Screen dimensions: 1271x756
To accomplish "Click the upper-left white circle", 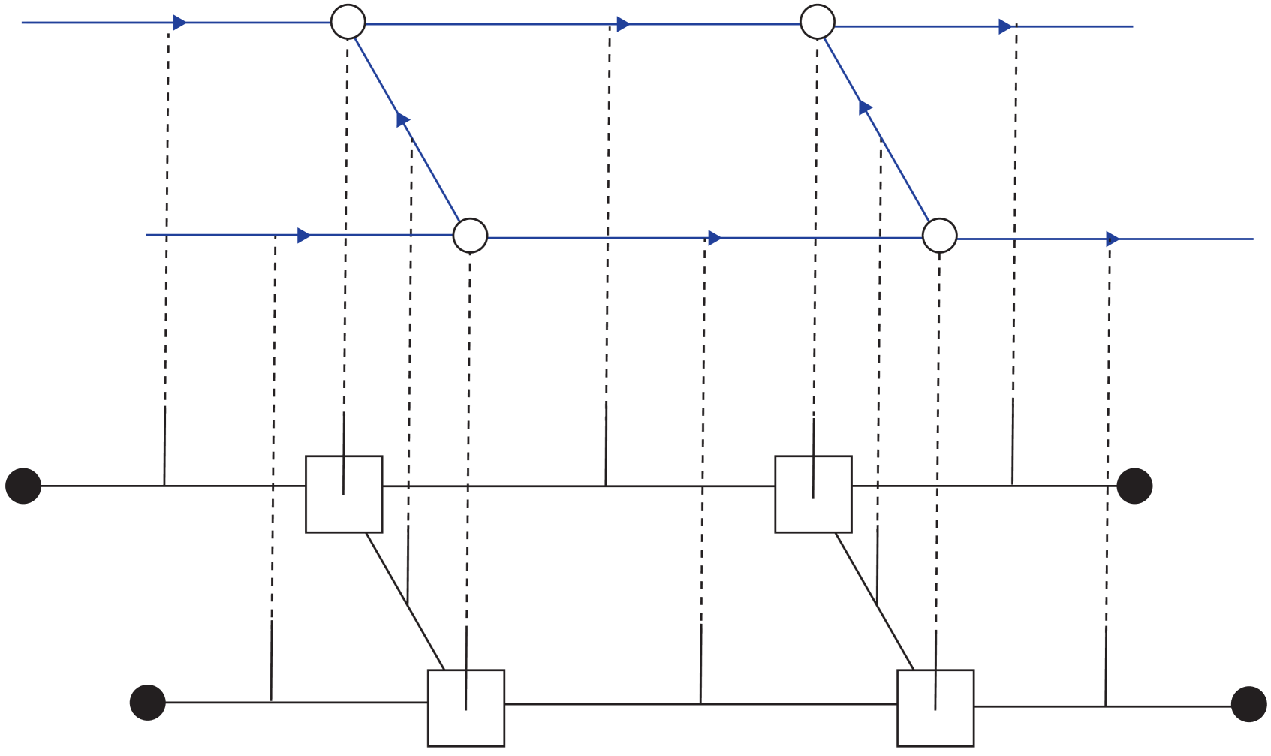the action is [348, 22].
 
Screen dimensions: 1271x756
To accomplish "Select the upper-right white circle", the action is [818, 21].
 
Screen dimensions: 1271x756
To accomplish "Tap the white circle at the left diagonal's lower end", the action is [471, 236].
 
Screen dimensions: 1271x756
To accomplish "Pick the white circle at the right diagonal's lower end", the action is [939, 236].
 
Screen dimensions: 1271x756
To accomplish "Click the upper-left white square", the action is [344, 494].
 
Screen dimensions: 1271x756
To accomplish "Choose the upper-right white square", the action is [813, 494].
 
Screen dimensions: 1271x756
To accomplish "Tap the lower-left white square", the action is [466, 708].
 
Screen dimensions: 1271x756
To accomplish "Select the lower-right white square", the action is [935, 708].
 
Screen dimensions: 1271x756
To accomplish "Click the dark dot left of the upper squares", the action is [23, 486].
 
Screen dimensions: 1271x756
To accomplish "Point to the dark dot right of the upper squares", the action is [1134, 486].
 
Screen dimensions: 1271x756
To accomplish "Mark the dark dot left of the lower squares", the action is [148, 703].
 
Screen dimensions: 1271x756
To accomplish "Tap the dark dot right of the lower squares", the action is [1249, 705].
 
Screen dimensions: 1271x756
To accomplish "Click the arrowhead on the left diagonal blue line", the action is [403, 119].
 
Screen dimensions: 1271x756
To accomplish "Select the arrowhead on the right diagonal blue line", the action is [865, 107].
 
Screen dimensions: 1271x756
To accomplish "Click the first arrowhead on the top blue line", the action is [179, 23].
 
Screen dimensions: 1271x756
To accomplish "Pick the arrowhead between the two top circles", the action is [623, 24].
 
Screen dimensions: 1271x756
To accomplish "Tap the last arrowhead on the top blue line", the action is [1005, 26].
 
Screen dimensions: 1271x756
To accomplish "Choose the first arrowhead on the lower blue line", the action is [304, 236].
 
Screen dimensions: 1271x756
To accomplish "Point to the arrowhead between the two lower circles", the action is [715, 238].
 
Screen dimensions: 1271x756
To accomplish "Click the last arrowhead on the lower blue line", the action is [1113, 239].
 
